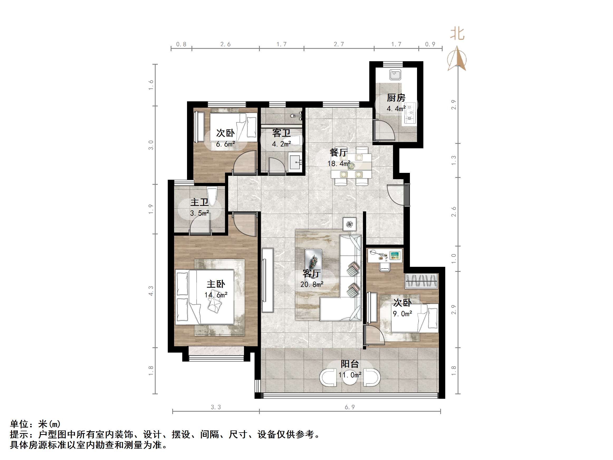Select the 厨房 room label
pos(396,98)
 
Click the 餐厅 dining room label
pos(339,153)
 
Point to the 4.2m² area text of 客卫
pos(281,144)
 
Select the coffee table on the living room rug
pos(313,259)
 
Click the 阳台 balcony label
pos(350,364)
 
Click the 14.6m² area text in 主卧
pos(216,295)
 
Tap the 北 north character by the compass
pos(457,34)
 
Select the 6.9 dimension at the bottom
pos(350,407)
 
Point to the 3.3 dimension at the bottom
pos(216,407)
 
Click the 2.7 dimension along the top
pos(339,44)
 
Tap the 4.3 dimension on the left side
pos(151,291)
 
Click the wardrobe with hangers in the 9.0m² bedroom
pos(421,281)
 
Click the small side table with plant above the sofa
pos(350,224)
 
